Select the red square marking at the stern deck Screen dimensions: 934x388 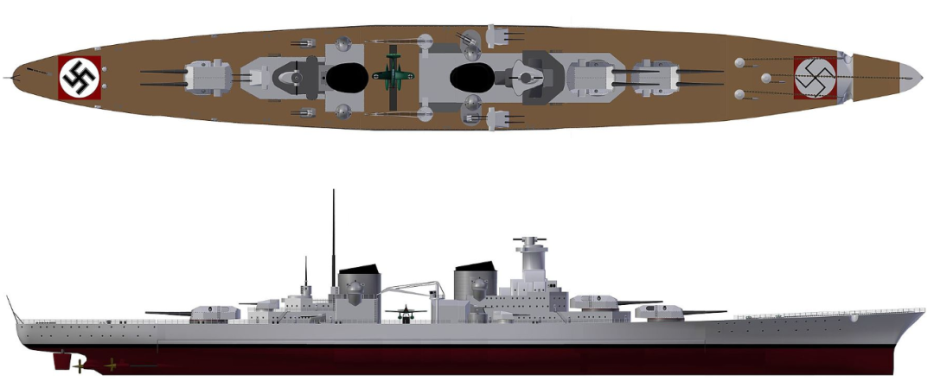[x=80, y=77]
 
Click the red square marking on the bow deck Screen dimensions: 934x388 [x=815, y=78]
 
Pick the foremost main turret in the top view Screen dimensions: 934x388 [x=655, y=77]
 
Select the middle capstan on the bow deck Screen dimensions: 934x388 [x=765, y=78]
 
